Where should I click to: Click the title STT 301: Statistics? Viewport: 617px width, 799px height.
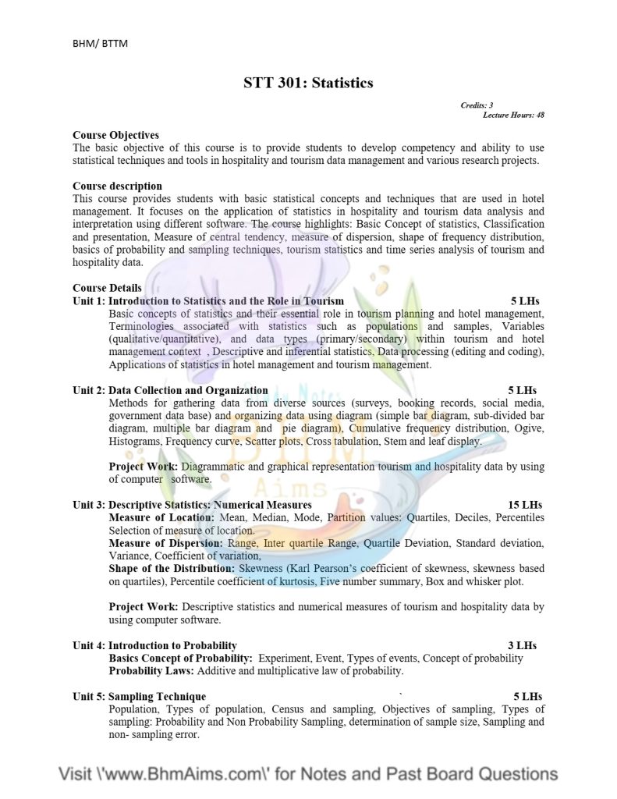click(x=308, y=83)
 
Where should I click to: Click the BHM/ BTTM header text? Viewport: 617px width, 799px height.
click(x=100, y=43)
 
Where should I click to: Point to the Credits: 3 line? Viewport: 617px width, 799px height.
click(x=477, y=105)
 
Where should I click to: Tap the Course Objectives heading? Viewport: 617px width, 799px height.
click(x=115, y=135)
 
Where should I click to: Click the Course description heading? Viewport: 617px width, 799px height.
click(x=117, y=186)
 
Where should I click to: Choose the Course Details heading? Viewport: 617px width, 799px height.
click(x=107, y=288)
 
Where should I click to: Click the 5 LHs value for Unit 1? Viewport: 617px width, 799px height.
click(x=525, y=300)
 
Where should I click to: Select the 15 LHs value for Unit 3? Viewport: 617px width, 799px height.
click(x=524, y=505)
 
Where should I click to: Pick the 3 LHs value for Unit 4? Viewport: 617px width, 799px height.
click(x=522, y=645)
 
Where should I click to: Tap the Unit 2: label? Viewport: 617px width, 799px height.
click(x=89, y=390)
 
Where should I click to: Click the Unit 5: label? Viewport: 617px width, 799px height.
click(x=89, y=696)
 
